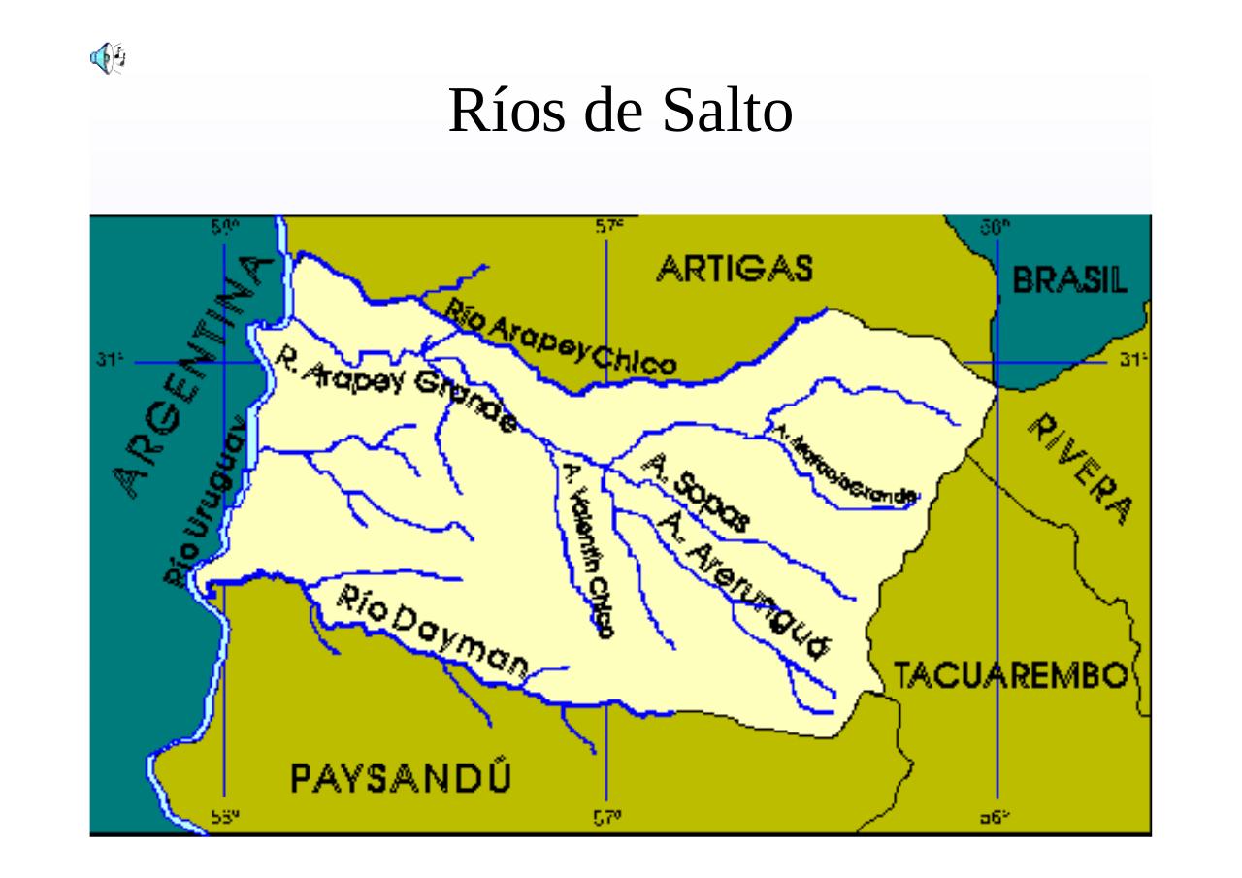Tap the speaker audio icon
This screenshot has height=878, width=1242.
pyautogui.click(x=107, y=57)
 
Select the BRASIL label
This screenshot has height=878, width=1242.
pyautogui.click(x=1070, y=280)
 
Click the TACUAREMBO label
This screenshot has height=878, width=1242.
pyautogui.click(x=1009, y=674)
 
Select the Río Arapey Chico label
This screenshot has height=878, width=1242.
pyautogui.click(x=561, y=338)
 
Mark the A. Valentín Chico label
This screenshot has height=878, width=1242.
pyautogui.click(x=588, y=548)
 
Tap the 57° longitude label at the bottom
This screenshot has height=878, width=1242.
pyautogui.click(x=607, y=819)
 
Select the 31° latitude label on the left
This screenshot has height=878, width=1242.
pyautogui.click(x=108, y=361)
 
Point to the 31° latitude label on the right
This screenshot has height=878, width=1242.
pyautogui.click(x=1129, y=361)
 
